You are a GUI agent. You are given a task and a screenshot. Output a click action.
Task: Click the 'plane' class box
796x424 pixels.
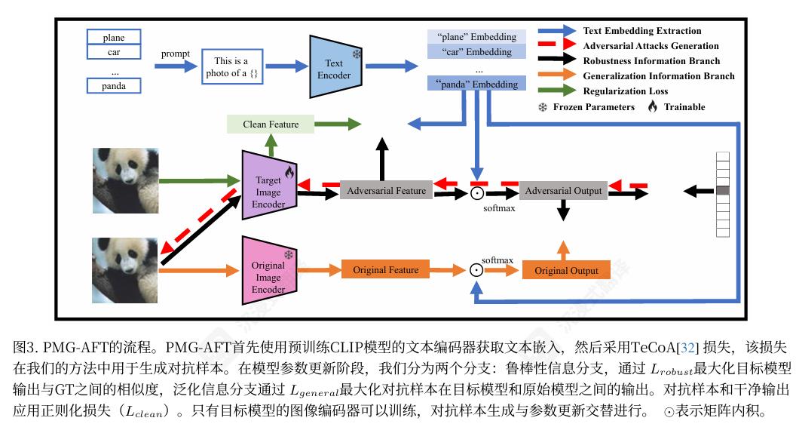click(114, 38)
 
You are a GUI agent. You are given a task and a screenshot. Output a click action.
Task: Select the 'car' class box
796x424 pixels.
click(114, 53)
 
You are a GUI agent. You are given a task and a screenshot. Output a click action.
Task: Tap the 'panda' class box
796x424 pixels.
click(114, 86)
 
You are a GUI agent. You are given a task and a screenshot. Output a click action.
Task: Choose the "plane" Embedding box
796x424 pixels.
click(476, 37)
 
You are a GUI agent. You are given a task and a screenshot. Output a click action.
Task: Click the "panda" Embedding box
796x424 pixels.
click(476, 84)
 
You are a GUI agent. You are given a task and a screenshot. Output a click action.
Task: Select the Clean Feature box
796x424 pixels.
click(271, 124)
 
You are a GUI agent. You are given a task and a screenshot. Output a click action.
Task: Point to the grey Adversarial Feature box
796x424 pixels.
click(386, 191)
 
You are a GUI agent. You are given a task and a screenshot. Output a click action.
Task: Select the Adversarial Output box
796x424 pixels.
click(563, 191)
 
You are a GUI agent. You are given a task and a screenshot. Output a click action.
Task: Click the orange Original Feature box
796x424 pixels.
click(385, 269)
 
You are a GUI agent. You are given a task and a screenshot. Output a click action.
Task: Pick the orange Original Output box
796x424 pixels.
click(566, 270)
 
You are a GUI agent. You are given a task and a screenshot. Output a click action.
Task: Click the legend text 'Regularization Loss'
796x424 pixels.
click(625, 91)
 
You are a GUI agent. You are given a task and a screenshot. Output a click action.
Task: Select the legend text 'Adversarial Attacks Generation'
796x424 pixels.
click(651, 46)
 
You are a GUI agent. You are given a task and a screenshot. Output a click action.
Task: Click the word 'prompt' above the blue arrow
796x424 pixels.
click(176, 54)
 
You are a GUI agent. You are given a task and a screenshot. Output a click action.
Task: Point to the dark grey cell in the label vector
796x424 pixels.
click(723, 192)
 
